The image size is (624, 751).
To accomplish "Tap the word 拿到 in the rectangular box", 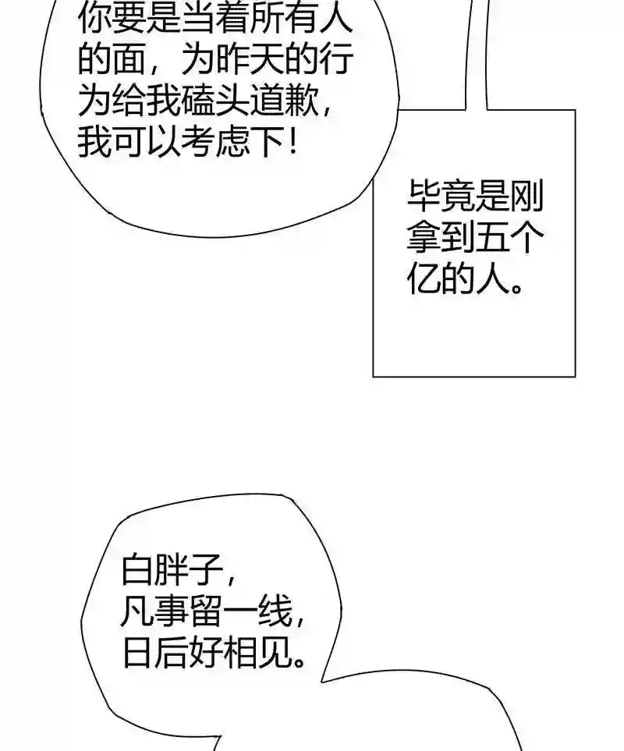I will click(439, 239).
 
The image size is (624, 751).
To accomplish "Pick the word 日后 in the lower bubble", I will click(156, 654).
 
